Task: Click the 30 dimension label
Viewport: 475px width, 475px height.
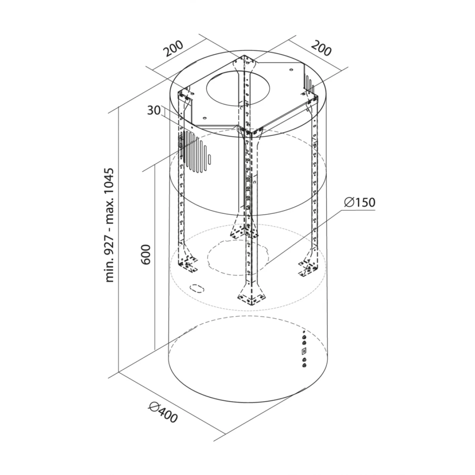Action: point(154,111)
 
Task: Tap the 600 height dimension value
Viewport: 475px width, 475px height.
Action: point(146,254)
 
